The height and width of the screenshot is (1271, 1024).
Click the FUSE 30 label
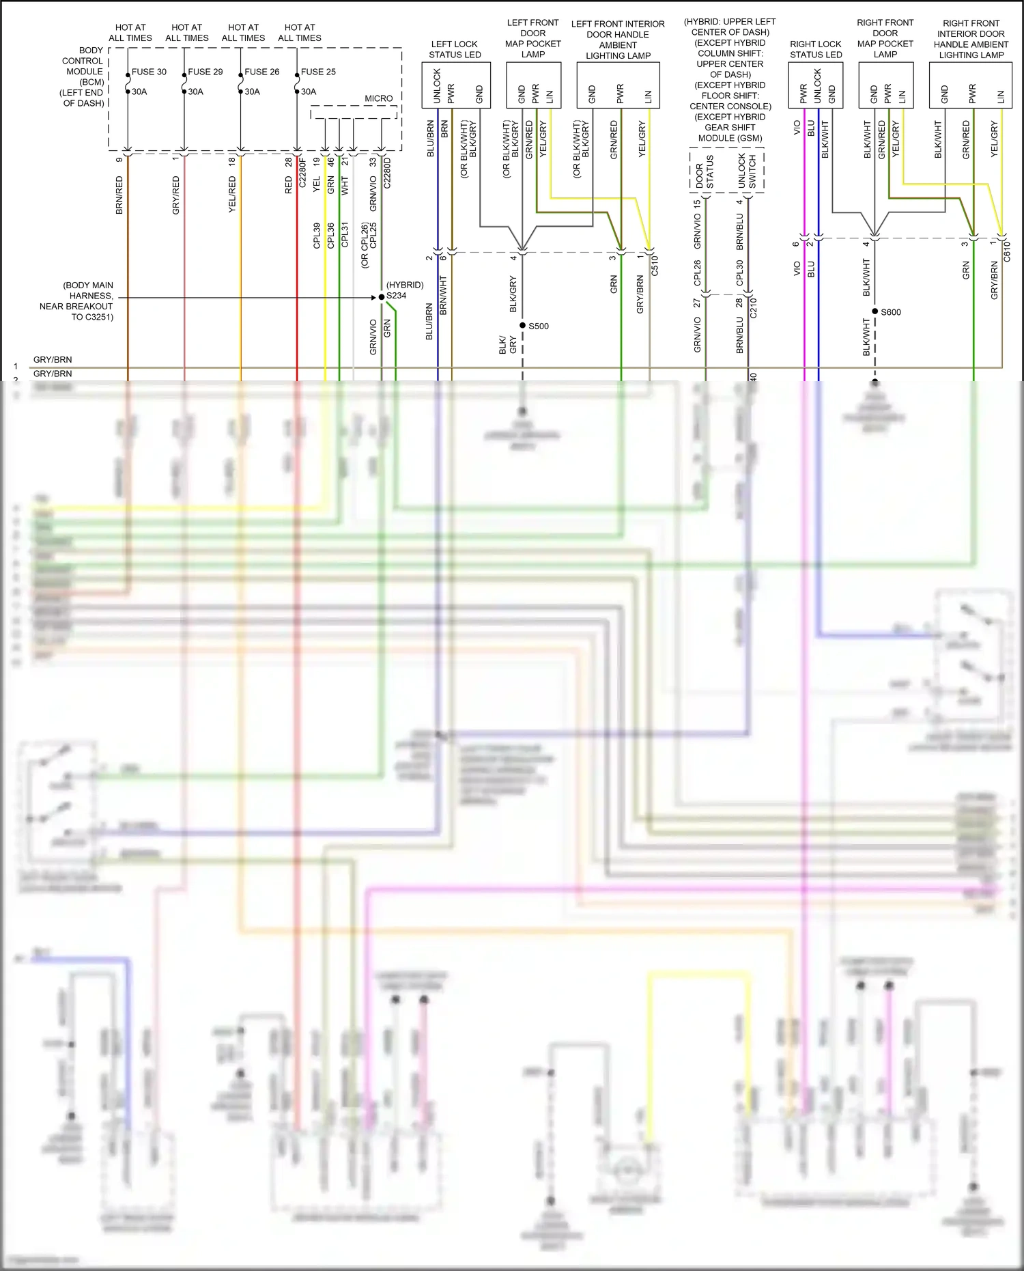[x=149, y=72]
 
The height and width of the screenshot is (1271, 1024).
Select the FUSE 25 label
[x=318, y=72]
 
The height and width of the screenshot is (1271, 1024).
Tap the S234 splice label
[x=396, y=296]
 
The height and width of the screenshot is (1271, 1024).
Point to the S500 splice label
[x=539, y=326]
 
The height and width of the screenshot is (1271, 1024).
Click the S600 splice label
[x=891, y=312]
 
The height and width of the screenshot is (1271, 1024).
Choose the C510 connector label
[x=655, y=265]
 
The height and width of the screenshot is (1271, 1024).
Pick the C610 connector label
[x=1007, y=251]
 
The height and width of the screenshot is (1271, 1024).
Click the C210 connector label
[x=754, y=307]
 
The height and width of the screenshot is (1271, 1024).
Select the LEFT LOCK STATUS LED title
[x=455, y=49]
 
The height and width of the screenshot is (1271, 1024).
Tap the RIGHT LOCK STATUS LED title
[x=816, y=49]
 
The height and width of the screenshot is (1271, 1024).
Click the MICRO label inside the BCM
[x=378, y=98]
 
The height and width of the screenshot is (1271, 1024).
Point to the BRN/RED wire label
[x=119, y=195]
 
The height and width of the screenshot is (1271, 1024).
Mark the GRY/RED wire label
[x=176, y=195]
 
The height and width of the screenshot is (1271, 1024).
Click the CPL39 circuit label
[x=317, y=235]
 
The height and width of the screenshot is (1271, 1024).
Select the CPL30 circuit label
[x=740, y=273]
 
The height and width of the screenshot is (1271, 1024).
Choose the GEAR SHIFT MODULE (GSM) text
[x=730, y=132]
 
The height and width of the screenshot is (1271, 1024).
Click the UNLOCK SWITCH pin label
[x=747, y=171]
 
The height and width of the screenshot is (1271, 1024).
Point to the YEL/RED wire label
[x=232, y=194]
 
